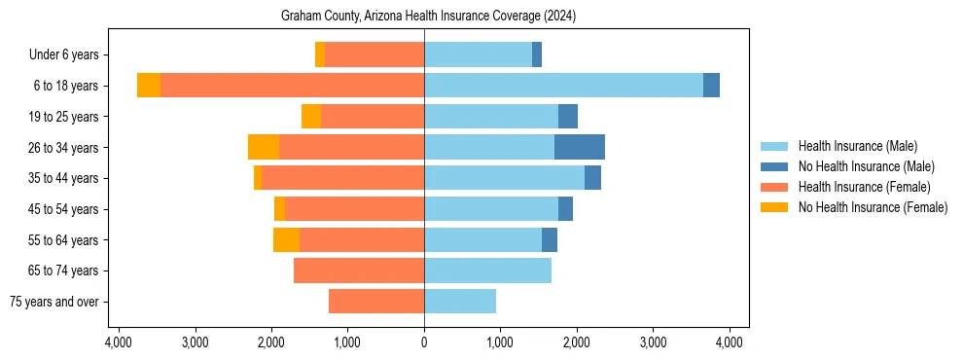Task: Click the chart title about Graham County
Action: (x=428, y=17)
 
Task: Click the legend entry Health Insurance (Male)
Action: (x=857, y=146)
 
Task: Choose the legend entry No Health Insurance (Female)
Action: (x=873, y=207)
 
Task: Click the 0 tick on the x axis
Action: (x=424, y=342)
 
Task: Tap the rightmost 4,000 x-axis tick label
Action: (x=730, y=342)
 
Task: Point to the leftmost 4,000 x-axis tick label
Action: (x=119, y=342)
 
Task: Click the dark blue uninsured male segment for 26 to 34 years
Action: (x=580, y=147)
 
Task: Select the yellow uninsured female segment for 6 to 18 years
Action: (x=149, y=86)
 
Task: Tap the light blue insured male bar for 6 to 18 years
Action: (x=563, y=86)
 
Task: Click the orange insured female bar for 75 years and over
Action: (x=376, y=302)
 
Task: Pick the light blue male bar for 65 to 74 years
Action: (x=487, y=270)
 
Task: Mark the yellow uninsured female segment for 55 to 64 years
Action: (x=286, y=239)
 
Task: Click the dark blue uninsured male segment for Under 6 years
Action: (x=537, y=55)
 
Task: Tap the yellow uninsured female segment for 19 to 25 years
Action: (x=311, y=117)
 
